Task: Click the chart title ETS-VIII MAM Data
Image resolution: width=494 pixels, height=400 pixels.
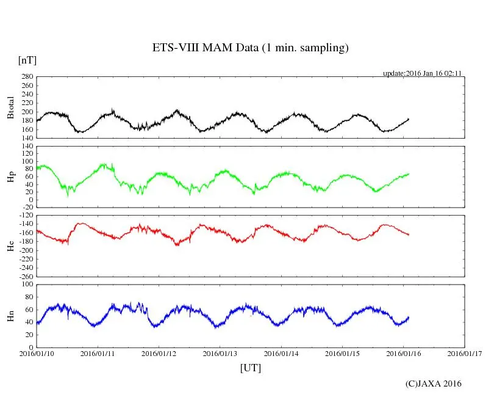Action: (x=250, y=48)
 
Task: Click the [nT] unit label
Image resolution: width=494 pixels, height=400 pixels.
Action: (x=27, y=60)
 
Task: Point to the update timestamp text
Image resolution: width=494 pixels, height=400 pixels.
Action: (x=421, y=73)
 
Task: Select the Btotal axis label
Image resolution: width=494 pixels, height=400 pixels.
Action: (x=10, y=108)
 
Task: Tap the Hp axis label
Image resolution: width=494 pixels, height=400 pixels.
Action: (x=10, y=177)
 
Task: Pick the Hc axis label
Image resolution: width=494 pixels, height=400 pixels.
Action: (x=10, y=246)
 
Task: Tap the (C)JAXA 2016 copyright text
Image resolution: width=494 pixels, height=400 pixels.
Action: (x=434, y=384)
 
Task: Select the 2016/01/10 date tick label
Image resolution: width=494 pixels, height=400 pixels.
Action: (x=37, y=353)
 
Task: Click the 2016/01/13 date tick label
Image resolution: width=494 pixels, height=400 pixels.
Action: (x=221, y=353)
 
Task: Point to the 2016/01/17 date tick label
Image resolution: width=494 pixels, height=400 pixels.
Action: (x=465, y=353)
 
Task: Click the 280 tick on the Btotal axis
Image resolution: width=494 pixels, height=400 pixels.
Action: (x=26, y=77)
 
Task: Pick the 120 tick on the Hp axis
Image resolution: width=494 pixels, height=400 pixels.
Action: (x=26, y=147)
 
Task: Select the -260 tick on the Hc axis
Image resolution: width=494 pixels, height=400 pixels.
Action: (x=24, y=276)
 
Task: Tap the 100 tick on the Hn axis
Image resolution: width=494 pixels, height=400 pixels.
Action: (x=26, y=285)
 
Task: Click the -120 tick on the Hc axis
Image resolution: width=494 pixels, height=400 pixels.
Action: (x=24, y=216)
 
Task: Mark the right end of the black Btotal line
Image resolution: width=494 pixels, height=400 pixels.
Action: (x=409, y=118)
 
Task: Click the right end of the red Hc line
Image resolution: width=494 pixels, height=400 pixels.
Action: (x=409, y=235)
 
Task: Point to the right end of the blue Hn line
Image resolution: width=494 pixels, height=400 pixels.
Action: (x=409, y=317)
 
